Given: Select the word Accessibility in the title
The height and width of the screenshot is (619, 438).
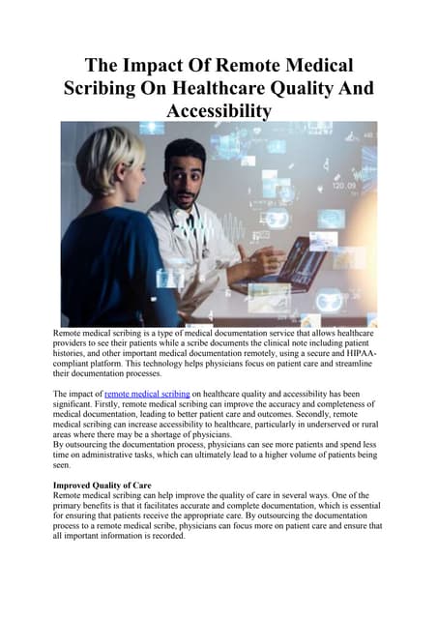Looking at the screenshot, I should click(219, 111).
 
